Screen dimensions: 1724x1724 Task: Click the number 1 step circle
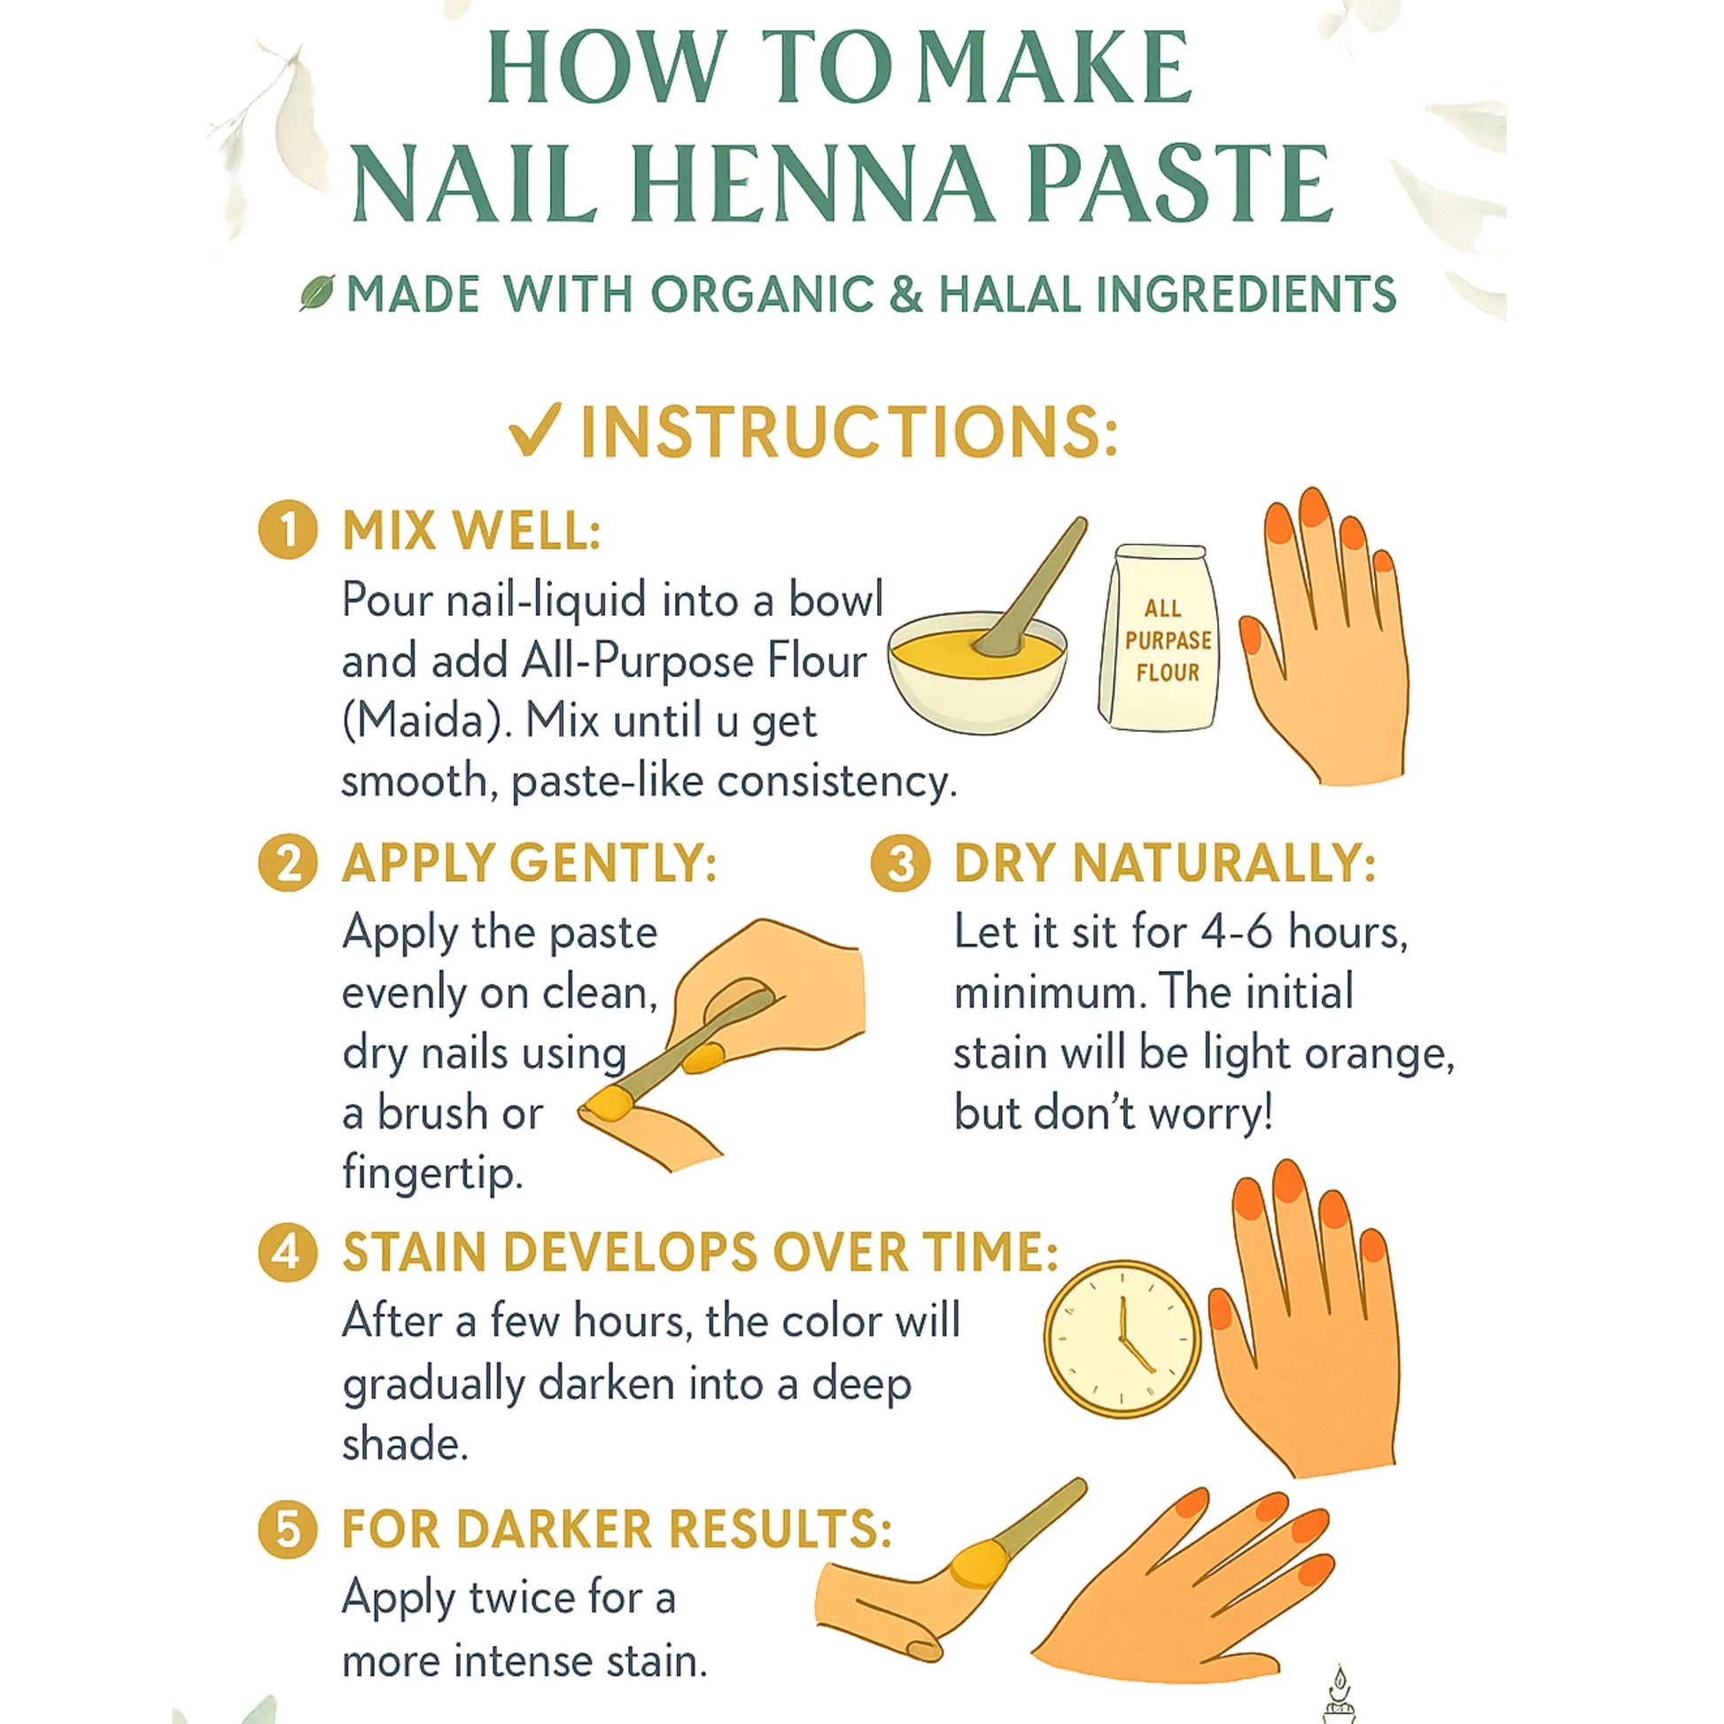point(287,530)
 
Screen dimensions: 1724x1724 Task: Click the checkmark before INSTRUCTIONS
point(534,430)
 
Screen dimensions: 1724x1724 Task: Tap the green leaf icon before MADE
point(317,292)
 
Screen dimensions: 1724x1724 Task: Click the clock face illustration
point(1122,1339)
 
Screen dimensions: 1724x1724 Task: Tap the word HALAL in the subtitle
point(1009,294)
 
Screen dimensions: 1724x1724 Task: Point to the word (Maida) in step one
point(427,721)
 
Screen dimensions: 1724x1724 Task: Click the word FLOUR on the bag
point(1167,672)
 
